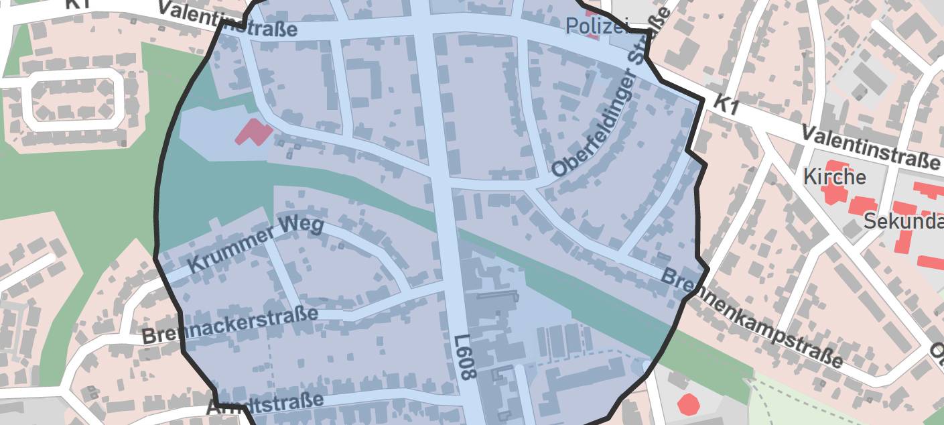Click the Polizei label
[597, 26]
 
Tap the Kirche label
[834, 177]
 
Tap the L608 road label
[466, 357]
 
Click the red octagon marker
[688, 404]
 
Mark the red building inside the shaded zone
[253, 131]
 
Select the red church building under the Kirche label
[834, 191]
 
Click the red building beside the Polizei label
[592, 32]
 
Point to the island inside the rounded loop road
[73, 100]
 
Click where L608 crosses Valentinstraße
[422, 25]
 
